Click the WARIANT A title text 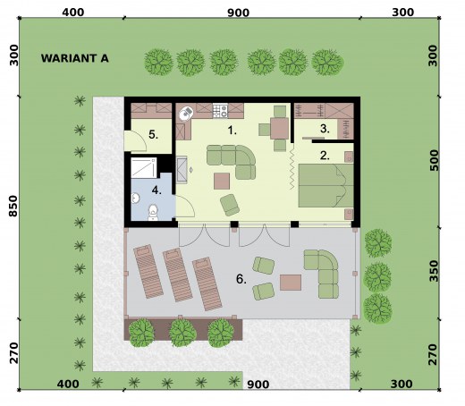tap(75, 58)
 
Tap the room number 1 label tap(232, 131)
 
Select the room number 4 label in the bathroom tap(156, 190)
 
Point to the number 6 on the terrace tap(241, 279)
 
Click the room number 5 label tap(153, 135)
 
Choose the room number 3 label tap(325, 129)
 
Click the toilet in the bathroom tap(153, 213)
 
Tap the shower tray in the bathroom tap(144, 168)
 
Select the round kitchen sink tap(186, 114)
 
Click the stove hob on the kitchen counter tap(220, 110)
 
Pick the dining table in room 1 tap(279, 129)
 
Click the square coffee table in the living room tap(222, 182)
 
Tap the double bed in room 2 tap(325, 185)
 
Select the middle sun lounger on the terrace tap(178, 275)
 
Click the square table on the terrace tap(291, 283)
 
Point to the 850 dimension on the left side tap(13, 206)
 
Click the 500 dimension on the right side tap(435, 160)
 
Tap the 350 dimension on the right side tap(435, 271)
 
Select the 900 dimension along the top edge tap(238, 13)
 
